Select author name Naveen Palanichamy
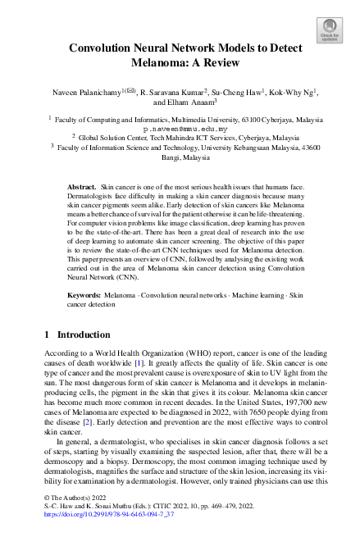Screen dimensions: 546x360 tap(82, 94)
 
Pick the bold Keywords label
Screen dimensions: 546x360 tap(84, 293)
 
